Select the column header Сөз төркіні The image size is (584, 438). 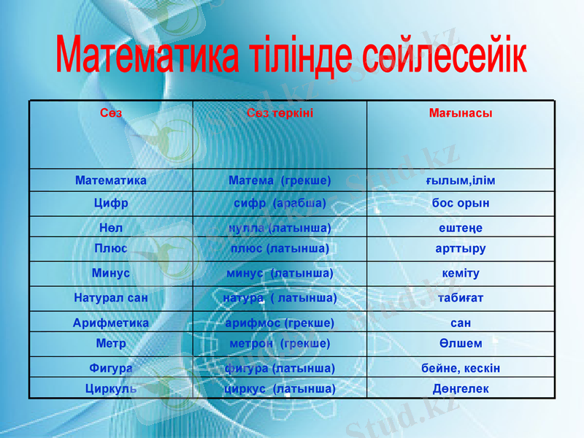pyautogui.click(x=280, y=113)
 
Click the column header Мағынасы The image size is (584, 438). pyautogui.click(x=460, y=113)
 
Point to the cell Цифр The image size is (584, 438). pyautogui.click(x=111, y=203)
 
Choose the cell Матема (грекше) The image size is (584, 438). pyautogui.click(x=280, y=180)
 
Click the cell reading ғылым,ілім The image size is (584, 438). pyautogui.click(x=460, y=180)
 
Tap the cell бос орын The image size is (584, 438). pyautogui.click(x=460, y=203)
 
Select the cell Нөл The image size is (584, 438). pyautogui.click(x=111, y=228)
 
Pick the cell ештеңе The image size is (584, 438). pyautogui.click(x=460, y=228)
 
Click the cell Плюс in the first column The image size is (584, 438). pyautogui.click(x=111, y=248)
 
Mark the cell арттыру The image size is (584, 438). pyautogui.click(x=460, y=248)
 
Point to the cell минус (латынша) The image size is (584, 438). pyautogui.click(x=280, y=273)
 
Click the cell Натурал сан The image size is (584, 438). pyautogui.click(x=111, y=298)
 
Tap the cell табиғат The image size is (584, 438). pyautogui.click(x=460, y=298)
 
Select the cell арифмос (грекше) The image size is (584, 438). pyautogui.click(x=280, y=322)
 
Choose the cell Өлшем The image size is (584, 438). pyautogui.click(x=460, y=343)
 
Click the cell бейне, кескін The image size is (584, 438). pyautogui.click(x=460, y=368)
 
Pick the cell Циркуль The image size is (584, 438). pyautogui.click(x=111, y=388)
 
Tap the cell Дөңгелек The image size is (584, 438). pyautogui.click(x=460, y=388)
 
